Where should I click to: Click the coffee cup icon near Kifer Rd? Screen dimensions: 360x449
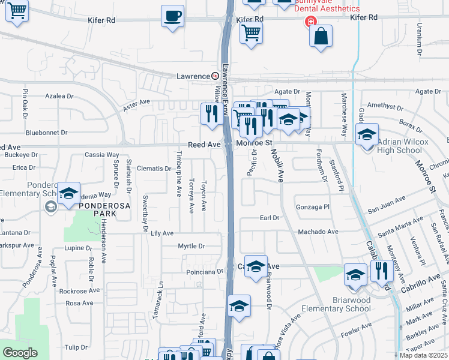click(173, 16)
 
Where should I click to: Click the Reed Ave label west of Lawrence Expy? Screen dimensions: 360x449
click(204, 145)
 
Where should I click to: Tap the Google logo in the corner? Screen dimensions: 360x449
click(20, 353)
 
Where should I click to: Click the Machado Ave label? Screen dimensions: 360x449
click(318, 232)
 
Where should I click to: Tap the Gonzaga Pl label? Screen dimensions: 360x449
click(313, 206)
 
